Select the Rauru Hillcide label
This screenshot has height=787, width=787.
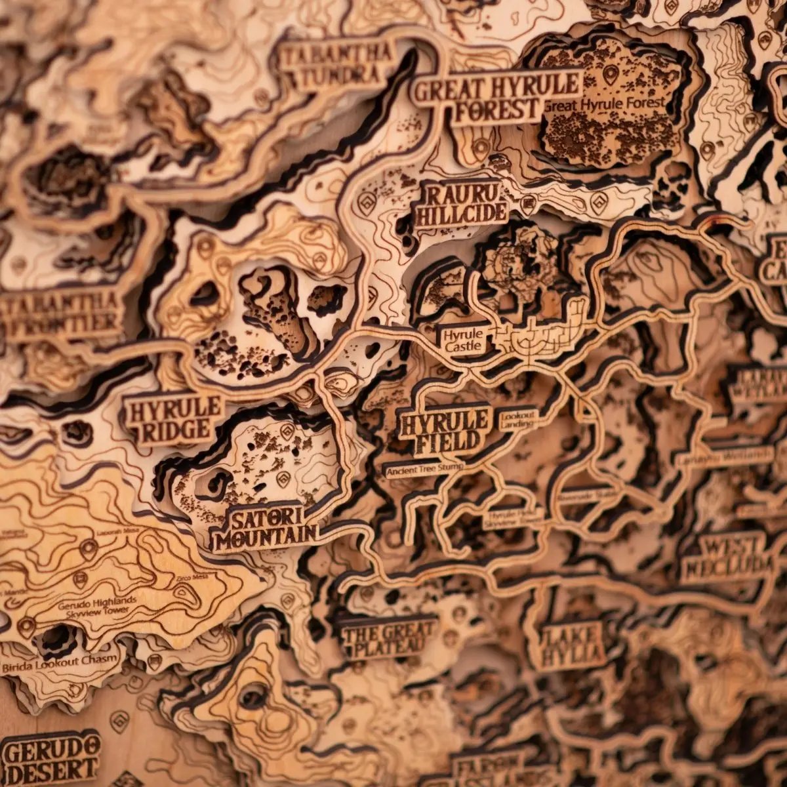(x=460, y=204)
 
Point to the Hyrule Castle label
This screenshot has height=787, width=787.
(x=462, y=340)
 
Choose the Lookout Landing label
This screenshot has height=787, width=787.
(x=517, y=420)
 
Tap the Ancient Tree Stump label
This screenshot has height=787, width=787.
(x=424, y=468)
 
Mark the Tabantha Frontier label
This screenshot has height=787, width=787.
(x=62, y=313)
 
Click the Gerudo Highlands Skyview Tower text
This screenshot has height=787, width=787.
(x=98, y=605)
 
